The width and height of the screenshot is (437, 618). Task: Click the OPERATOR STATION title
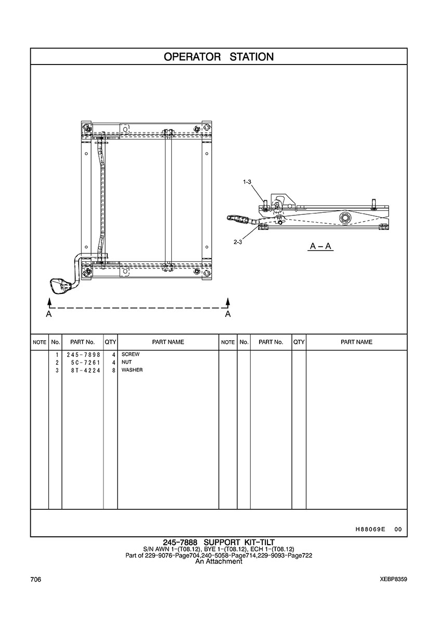pos(219,57)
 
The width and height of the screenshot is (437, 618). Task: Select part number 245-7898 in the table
pos(83,354)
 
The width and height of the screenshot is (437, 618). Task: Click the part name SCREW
pos(131,354)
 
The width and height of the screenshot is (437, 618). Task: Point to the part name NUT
pos(126,362)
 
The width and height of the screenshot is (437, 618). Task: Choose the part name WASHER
pos(132,370)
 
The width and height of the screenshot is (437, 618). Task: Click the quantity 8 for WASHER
pos(113,370)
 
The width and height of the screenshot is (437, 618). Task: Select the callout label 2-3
pos(238,242)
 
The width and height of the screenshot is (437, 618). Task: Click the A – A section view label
pos(321,247)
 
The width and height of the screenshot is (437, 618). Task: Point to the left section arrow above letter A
pos(49,303)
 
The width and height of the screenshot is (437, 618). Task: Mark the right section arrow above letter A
pos(227,303)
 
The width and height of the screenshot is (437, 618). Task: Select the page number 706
pos(36,580)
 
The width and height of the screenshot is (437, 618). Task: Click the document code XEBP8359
pos(394,580)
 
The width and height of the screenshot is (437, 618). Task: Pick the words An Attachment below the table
pos(219,561)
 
